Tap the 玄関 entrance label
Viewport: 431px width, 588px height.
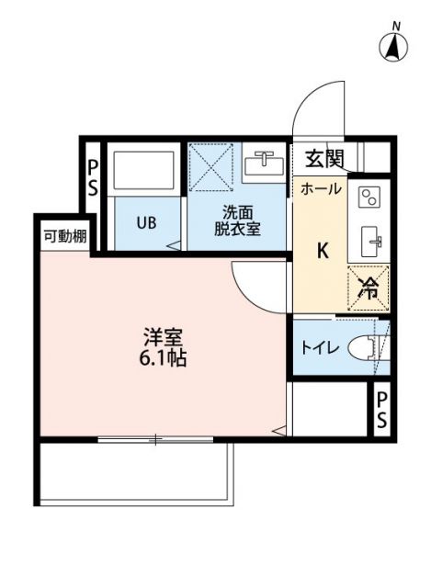(x=324, y=158)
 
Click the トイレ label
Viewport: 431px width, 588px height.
(x=321, y=348)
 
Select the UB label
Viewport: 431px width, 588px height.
(x=147, y=222)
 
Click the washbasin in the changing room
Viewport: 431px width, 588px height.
(x=266, y=164)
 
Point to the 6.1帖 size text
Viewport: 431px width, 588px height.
(x=164, y=359)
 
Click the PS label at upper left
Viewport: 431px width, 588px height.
(x=93, y=176)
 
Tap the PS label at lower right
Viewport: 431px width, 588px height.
(x=381, y=410)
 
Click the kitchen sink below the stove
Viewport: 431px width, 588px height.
(x=370, y=243)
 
